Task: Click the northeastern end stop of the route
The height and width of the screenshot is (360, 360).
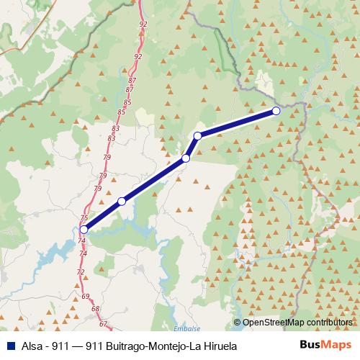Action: tap(276, 111)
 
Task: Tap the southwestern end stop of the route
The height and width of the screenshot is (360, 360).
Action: tap(84, 230)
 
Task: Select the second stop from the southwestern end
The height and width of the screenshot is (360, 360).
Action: tap(122, 202)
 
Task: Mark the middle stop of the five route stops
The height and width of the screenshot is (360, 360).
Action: tap(186, 158)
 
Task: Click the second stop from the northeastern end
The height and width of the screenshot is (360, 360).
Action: tap(197, 135)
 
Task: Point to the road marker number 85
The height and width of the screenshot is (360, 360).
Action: tap(127, 103)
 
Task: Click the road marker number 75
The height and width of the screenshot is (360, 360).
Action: tap(84, 218)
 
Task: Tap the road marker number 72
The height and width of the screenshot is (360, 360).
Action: tap(81, 272)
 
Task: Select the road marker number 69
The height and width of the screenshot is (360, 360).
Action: tap(86, 297)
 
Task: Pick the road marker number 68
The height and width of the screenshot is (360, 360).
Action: tap(96, 309)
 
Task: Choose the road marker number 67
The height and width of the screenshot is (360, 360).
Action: tap(103, 324)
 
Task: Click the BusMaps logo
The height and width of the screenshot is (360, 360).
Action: tap(323, 346)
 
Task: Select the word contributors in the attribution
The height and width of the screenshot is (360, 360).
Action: tap(328, 323)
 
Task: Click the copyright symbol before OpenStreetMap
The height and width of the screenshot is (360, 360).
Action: tap(238, 323)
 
